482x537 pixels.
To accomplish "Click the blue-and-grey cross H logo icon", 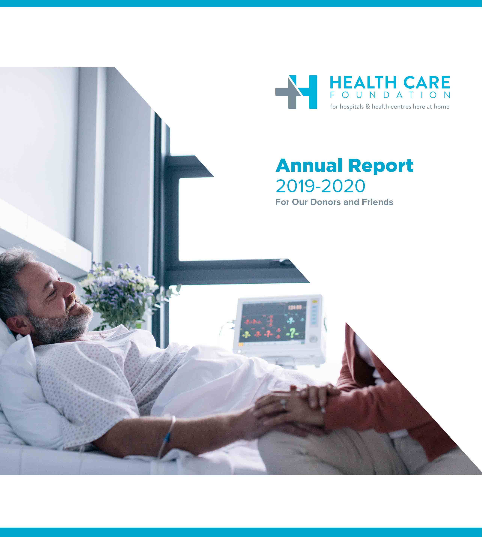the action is (x=296, y=92).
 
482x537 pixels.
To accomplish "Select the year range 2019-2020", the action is (x=321, y=186).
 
